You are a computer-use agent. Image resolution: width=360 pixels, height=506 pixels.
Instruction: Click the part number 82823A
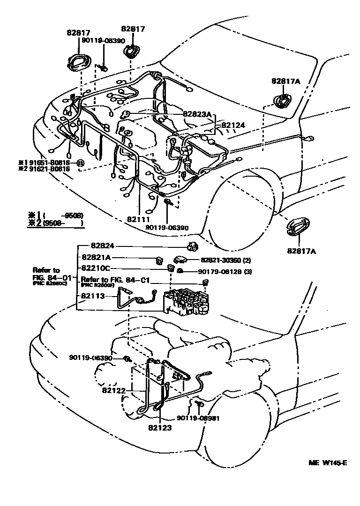197,114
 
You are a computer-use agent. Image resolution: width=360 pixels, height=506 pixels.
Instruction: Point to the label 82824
103,246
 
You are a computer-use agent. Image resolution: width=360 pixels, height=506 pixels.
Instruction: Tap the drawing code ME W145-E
327,463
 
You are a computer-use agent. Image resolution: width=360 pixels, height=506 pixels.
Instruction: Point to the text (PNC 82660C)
49,284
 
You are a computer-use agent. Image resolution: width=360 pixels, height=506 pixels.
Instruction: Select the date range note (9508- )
63,224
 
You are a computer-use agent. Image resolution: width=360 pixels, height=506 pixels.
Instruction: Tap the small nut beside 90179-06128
180,272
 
